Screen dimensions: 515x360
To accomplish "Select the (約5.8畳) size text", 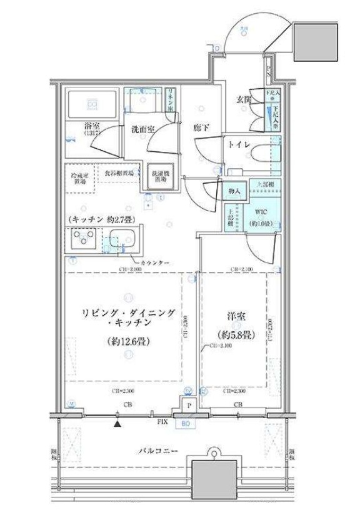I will (x=231, y=336).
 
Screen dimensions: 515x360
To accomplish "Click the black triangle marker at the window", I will (x=117, y=424).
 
